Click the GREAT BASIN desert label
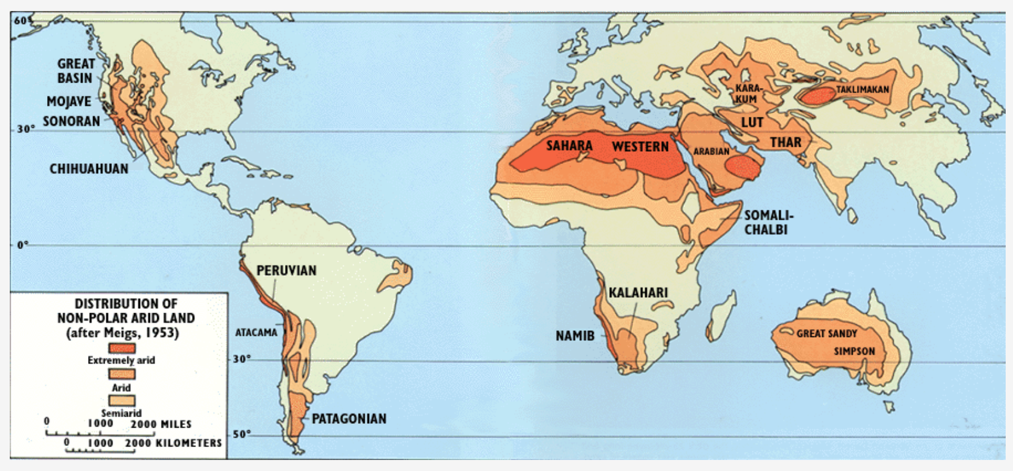point(76,71)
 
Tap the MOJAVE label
point(69,102)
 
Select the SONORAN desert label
point(71,121)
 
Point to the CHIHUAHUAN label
point(89,169)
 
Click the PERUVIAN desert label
point(286,270)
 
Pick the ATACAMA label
point(256,333)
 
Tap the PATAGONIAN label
point(349,419)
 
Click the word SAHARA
point(569,146)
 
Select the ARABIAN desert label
point(711,151)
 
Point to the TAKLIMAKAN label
point(862,89)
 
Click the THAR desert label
point(785,143)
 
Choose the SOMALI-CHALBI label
point(768,223)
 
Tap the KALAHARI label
point(638,292)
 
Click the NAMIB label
point(574,336)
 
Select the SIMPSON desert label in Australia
point(854,351)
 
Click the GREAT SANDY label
point(826,333)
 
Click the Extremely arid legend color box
point(121,347)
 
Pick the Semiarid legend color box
point(121,401)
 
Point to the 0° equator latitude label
point(23,245)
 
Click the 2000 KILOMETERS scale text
point(173,443)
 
